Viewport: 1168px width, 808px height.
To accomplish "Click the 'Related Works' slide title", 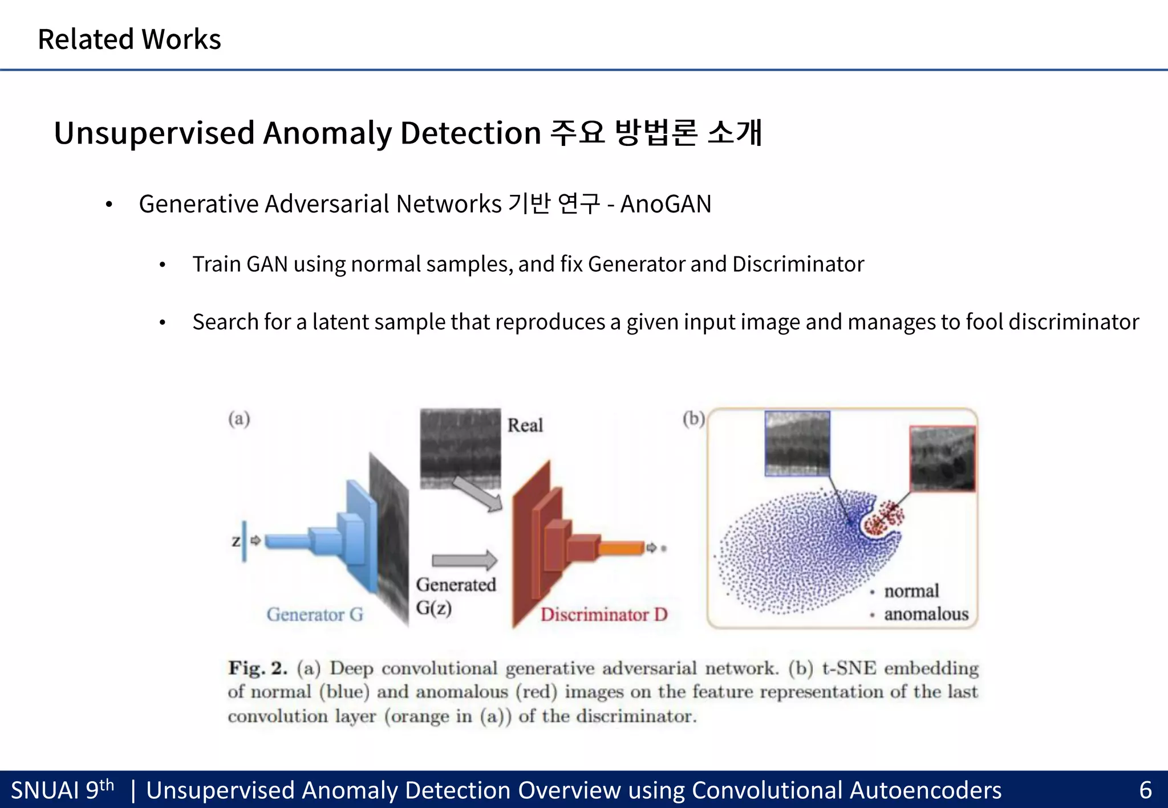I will (x=129, y=39).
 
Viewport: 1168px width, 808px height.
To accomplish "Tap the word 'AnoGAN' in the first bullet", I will (x=666, y=204).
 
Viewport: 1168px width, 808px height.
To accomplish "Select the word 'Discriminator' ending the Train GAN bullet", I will (x=798, y=264).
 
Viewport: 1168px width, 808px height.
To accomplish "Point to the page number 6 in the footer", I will (x=1145, y=790).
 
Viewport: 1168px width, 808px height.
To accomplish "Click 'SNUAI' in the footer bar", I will (x=45, y=790).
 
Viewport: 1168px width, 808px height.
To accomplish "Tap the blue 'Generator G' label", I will (x=315, y=614).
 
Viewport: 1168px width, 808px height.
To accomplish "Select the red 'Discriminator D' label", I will (x=604, y=614).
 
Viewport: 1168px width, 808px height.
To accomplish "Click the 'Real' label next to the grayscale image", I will (x=525, y=425).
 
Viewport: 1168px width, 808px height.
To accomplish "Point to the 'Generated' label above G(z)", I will (x=456, y=585).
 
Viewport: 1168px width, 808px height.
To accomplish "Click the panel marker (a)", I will (x=239, y=419).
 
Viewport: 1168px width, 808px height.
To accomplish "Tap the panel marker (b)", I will (x=693, y=419).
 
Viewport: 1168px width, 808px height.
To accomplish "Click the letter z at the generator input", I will (x=236, y=541).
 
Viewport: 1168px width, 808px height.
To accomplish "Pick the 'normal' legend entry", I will (x=911, y=591).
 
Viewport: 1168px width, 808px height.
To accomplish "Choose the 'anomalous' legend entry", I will (x=926, y=614).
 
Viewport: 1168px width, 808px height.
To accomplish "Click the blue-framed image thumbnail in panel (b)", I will (x=797, y=443).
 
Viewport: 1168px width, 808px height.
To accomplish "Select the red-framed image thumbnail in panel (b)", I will (x=942, y=459).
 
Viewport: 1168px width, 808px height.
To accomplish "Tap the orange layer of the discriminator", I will (x=622, y=548).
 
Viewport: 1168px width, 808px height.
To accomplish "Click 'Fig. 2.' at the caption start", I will (x=257, y=668).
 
